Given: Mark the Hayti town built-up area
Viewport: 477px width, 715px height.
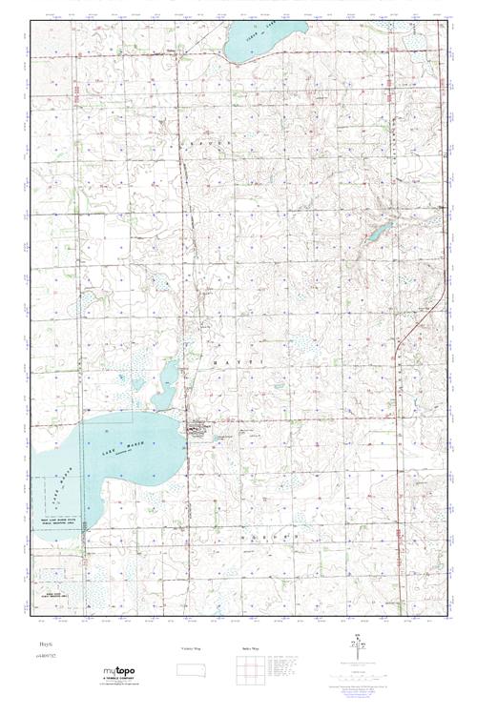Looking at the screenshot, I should pyautogui.click(x=200, y=431).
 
